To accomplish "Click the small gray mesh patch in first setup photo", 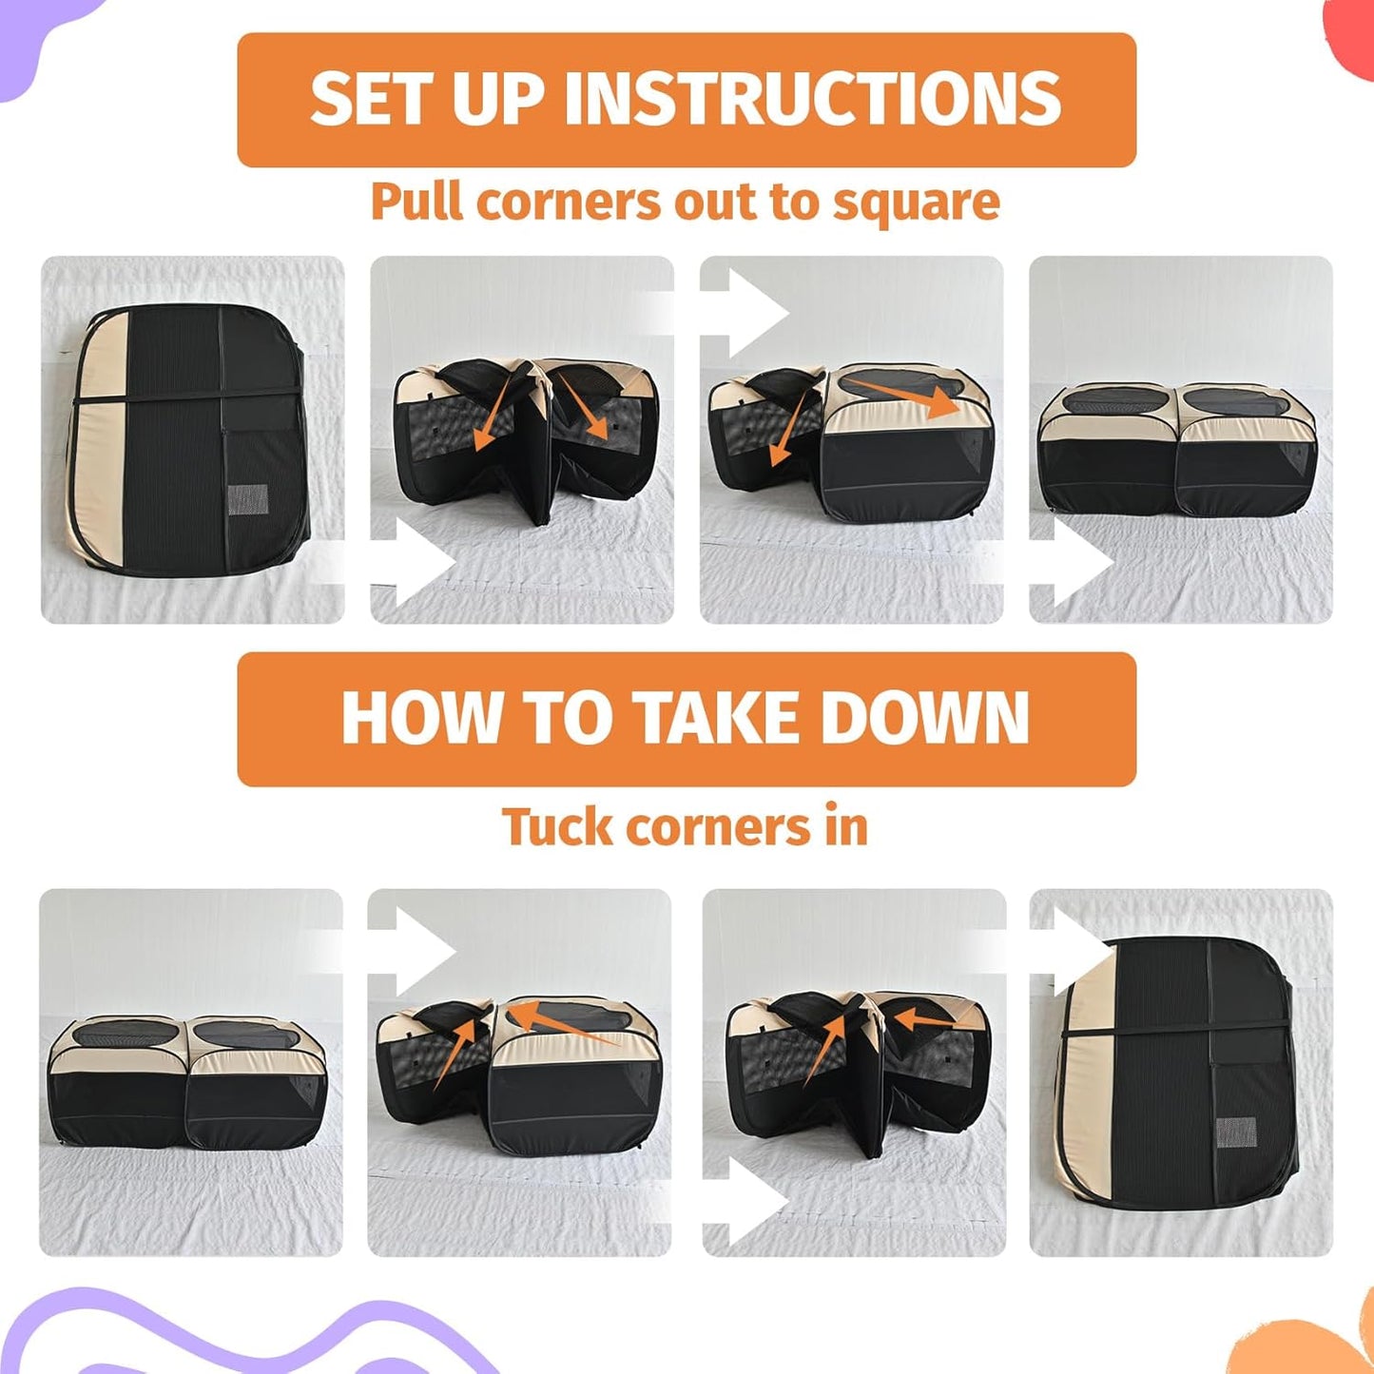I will (x=248, y=498).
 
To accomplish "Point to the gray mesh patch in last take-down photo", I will (x=1236, y=1131).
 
